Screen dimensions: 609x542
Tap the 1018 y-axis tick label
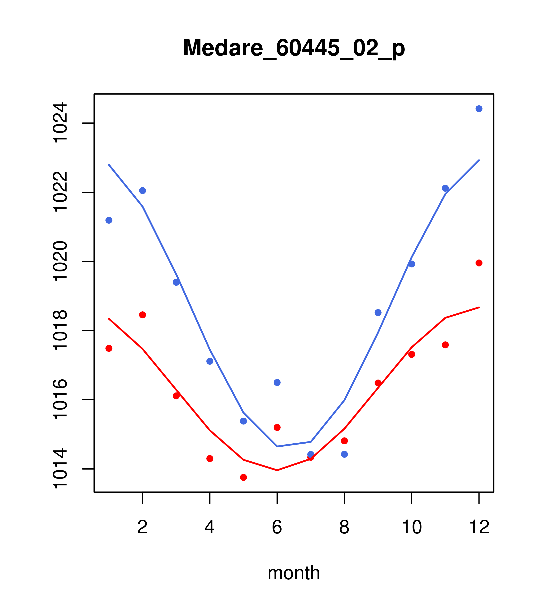60,330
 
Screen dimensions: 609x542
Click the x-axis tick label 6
277,527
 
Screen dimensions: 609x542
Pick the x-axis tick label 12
479,527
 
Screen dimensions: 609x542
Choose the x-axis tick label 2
143,527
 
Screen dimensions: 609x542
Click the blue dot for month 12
479,109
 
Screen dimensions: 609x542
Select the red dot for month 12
479,263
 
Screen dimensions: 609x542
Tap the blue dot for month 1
109,220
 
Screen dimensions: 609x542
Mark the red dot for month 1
109,348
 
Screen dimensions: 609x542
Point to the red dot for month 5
243,477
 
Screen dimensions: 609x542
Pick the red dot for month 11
445,345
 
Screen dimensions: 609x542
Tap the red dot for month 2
143,315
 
